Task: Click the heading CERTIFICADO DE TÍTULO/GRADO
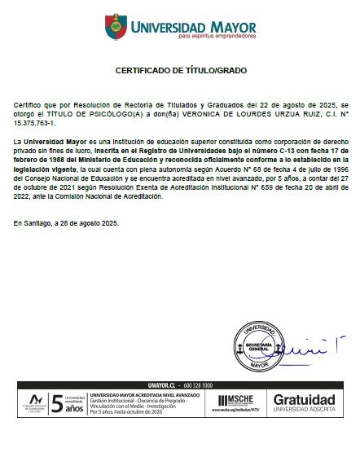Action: (179, 71)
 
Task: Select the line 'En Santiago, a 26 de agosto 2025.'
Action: (66, 222)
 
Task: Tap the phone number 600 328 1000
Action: (198, 384)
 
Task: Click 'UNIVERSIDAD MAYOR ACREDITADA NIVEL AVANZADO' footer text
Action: (144, 394)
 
